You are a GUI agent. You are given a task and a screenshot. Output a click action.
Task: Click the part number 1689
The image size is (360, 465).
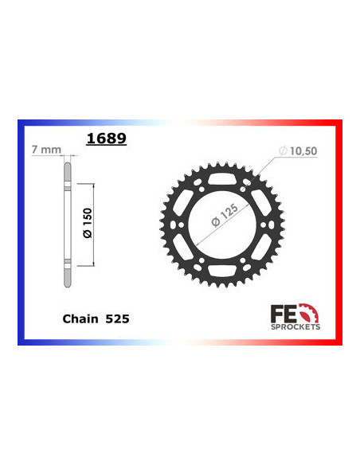click(107, 139)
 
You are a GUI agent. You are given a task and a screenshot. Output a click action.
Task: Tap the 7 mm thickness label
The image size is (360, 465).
click(46, 150)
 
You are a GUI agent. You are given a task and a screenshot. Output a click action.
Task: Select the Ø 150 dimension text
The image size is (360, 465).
click(88, 223)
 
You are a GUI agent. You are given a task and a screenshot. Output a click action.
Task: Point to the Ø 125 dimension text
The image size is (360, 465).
click(225, 215)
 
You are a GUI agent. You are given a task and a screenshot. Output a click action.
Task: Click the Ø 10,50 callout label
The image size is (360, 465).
click(298, 151)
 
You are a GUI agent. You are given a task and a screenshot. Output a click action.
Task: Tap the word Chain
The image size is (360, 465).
click(80, 318)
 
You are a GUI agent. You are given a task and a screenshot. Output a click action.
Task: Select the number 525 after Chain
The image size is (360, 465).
click(117, 318)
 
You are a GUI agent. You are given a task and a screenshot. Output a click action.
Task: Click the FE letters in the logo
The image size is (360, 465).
click(284, 314)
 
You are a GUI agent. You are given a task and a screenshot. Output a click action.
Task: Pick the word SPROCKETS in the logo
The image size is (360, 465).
click(295, 326)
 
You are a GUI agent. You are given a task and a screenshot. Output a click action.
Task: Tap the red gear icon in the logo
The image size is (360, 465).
click(309, 313)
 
